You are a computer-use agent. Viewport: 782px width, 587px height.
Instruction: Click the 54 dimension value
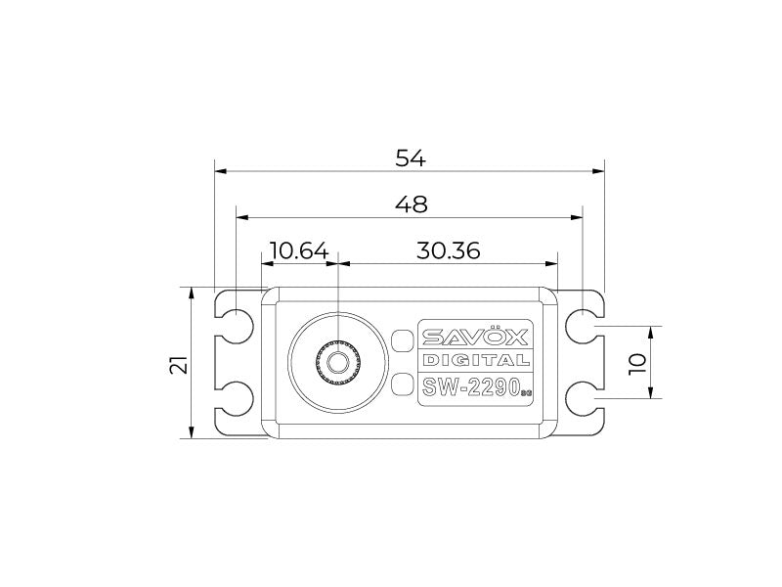[x=411, y=158]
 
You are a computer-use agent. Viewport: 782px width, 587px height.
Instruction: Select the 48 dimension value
[x=411, y=203]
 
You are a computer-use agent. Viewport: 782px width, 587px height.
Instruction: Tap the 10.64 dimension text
[x=298, y=250]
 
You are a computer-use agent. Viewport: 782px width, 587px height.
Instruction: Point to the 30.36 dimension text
[x=448, y=250]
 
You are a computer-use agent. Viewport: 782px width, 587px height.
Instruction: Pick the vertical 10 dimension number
[x=637, y=361]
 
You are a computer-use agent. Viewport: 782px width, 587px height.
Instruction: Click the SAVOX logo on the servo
[x=475, y=338]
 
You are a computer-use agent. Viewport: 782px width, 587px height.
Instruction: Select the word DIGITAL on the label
[x=476, y=361]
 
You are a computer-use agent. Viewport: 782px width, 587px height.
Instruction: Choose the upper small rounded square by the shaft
[x=401, y=340]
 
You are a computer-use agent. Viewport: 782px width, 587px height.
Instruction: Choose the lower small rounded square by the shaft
[x=401, y=384]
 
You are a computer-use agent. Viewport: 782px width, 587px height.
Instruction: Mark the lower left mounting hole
[x=237, y=397]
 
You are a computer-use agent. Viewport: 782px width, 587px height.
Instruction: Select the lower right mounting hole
[x=583, y=397]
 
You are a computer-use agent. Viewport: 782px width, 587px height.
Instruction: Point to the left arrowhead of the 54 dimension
[x=220, y=170]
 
